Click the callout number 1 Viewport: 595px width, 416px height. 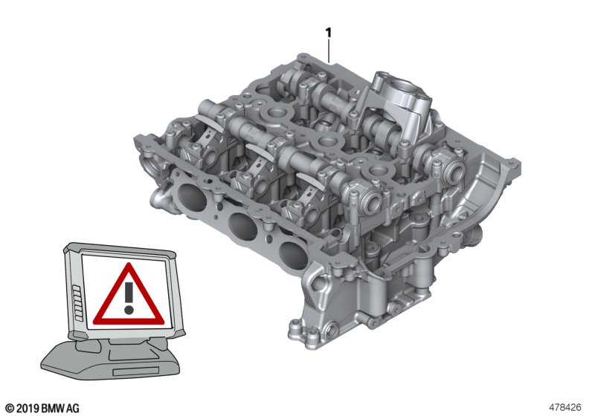329,33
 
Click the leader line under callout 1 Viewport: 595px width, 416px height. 329,51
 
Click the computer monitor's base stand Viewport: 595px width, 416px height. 110,360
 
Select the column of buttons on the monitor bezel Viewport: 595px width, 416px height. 77,303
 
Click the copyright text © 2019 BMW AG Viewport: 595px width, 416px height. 43,408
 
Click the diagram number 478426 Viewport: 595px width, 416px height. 565,408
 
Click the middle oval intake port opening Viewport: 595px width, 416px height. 242,226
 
